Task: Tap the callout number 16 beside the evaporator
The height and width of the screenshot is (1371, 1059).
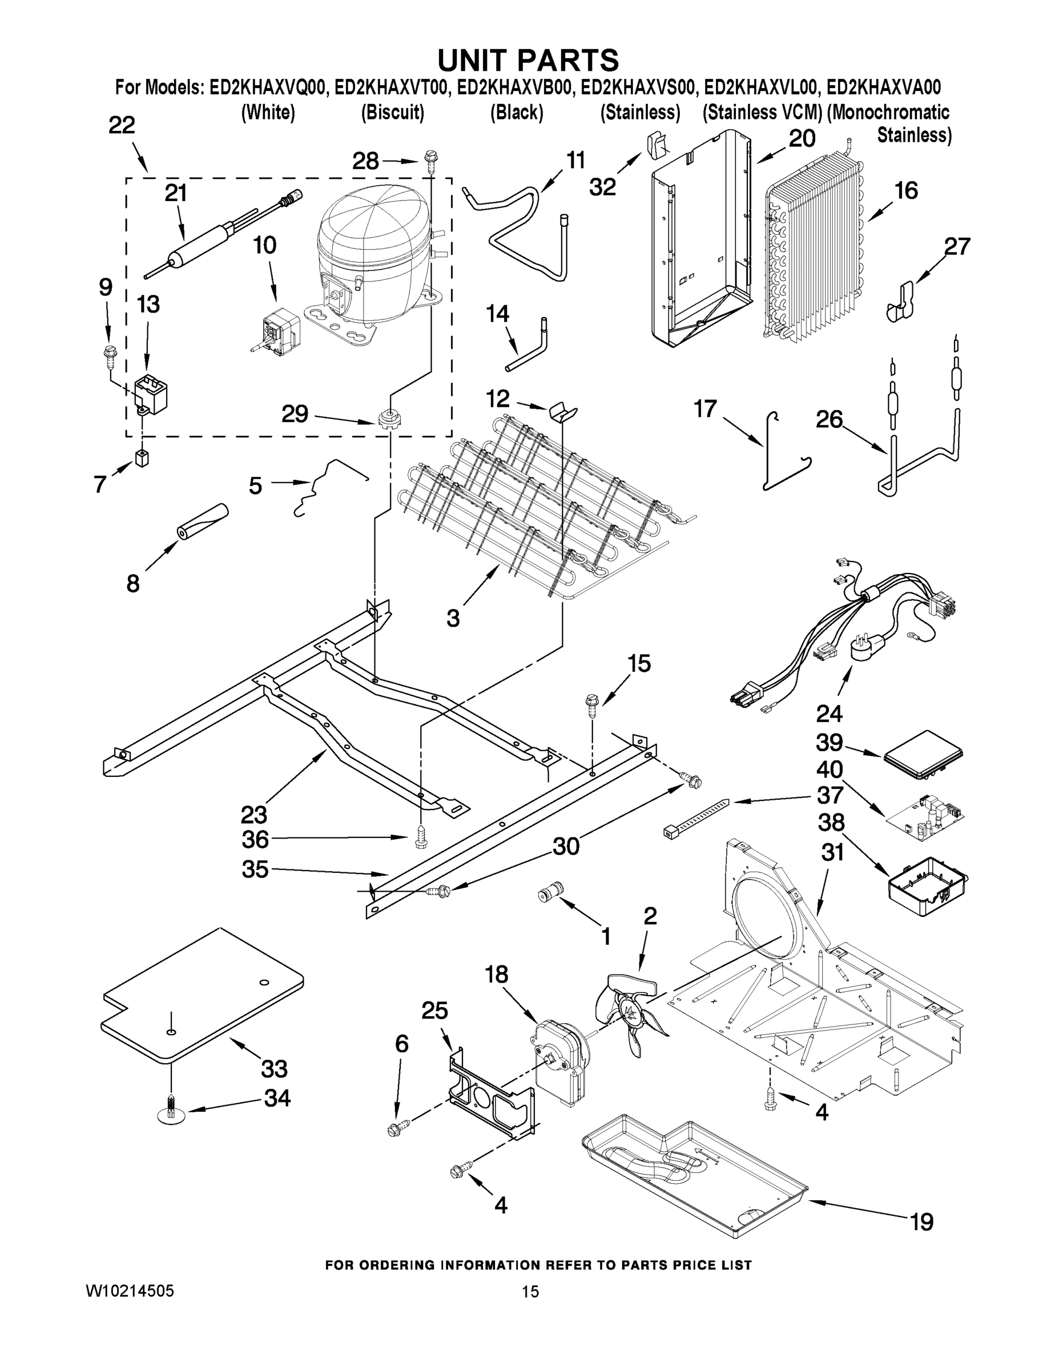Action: pyautogui.click(x=906, y=190)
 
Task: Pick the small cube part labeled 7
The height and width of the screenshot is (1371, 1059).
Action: pyautogui.click(x=142, y=458)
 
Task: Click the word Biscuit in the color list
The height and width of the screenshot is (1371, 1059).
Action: pyautogui.click(x=393, y=113)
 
